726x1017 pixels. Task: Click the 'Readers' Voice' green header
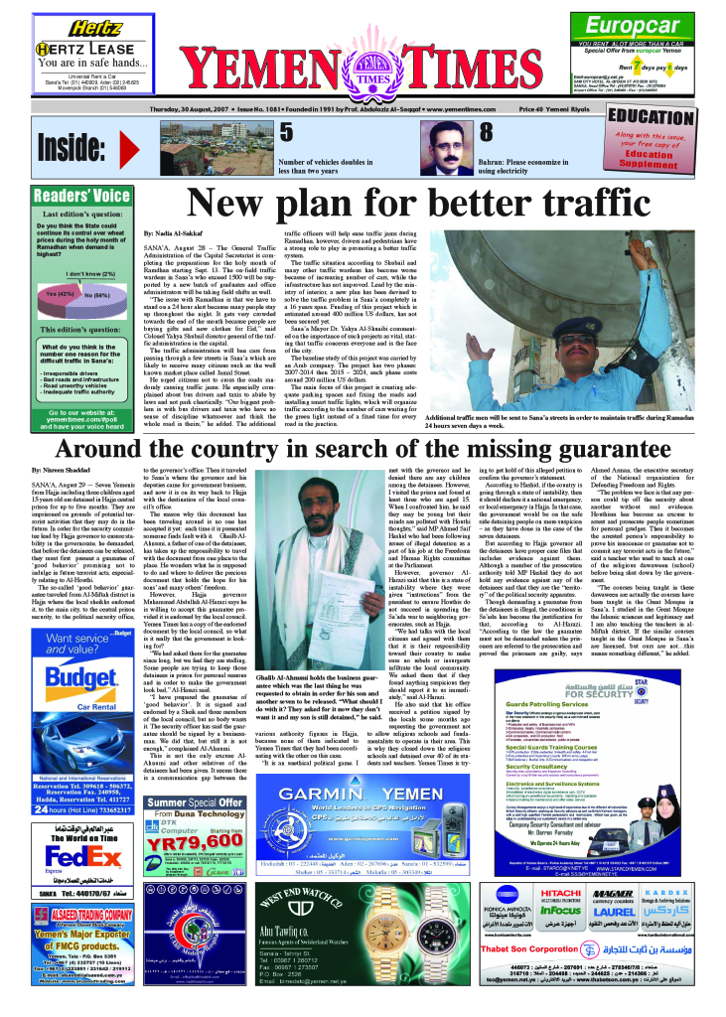point(83,196)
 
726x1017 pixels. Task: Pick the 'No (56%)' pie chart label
point(97,295)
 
